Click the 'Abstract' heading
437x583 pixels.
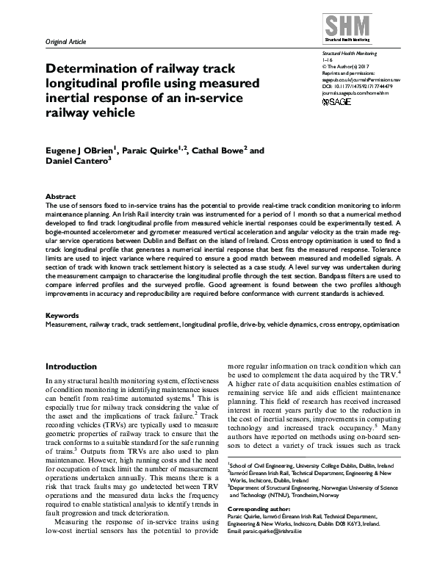[x=60, y=198]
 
